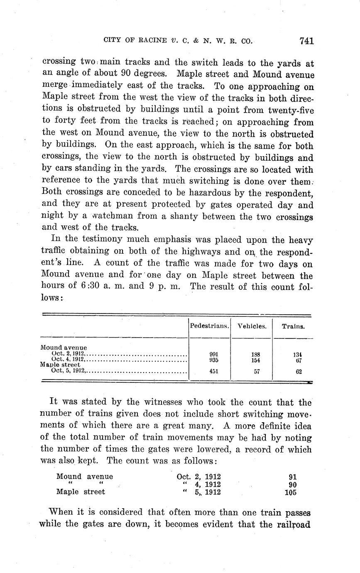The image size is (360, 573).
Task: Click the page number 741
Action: [x=306, y=41]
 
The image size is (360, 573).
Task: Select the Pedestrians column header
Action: [x=210, y=326]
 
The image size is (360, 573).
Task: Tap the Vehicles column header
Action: [x=252, y=326]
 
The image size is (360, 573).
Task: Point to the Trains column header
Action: [x=293, y=326]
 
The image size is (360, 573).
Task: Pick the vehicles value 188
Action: [x=256, y=354]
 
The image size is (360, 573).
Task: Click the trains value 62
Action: [x=299, y=372]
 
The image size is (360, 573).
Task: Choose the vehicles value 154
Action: [x=256, y=360]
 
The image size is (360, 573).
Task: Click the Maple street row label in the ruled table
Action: [x=60, y=365]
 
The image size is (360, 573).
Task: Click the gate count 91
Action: [x=292, y=477]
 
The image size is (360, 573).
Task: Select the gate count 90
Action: [x=292, y=485]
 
